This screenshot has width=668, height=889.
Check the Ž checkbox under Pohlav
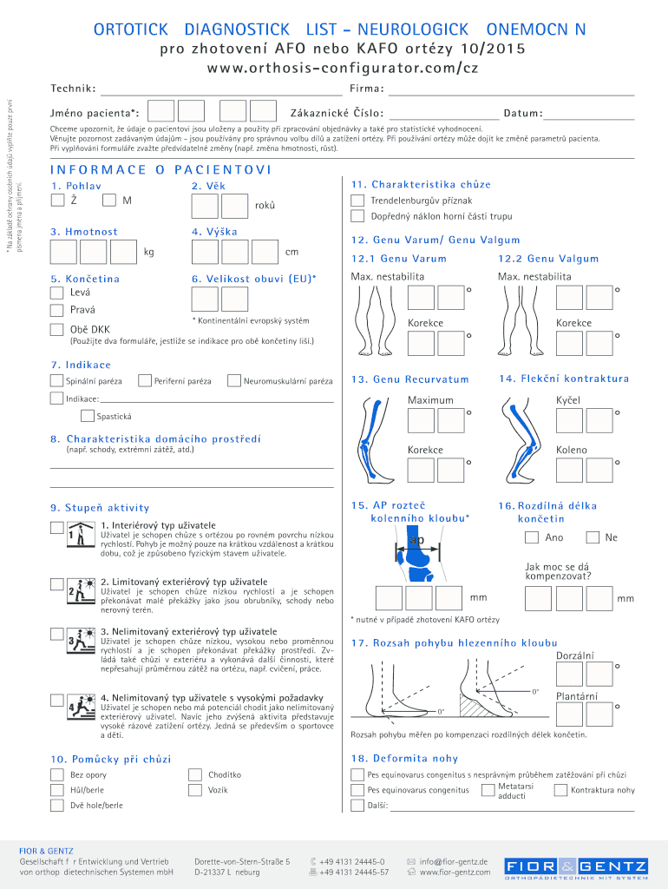pos(57,201)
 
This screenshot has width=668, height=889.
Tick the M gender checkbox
pos(109,201)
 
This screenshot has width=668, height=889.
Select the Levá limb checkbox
pos(57,293)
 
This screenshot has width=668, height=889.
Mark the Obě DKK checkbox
pos(57,329)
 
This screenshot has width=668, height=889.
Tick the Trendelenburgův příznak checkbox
pos(357,201)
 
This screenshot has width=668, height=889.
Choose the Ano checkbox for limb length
pos(531,537)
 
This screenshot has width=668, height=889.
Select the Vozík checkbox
pos(194,790)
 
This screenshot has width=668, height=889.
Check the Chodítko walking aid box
pos(194,774)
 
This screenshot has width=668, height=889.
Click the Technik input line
pos(221,89)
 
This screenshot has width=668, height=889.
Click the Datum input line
pos(590,114)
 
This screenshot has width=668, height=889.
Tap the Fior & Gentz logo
pos(576,867)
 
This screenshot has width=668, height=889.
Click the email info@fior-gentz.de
pos(454,861)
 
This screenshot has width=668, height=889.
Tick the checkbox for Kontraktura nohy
pos(562,790)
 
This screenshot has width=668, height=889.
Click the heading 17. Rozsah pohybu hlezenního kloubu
pos(454,642)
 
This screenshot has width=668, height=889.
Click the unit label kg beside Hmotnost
pos(149,252)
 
